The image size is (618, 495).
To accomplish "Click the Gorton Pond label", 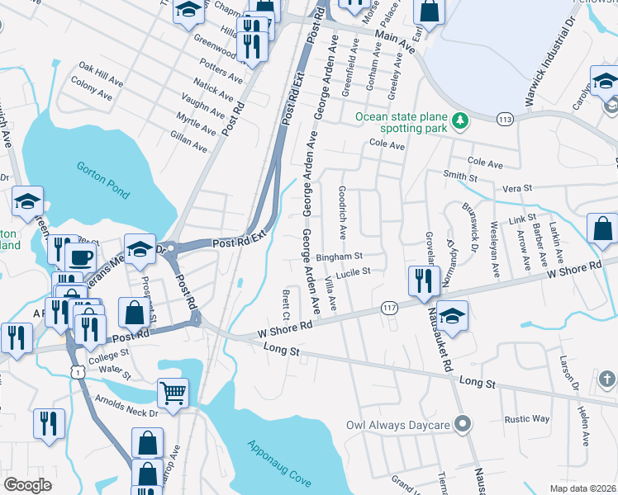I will point(103,181).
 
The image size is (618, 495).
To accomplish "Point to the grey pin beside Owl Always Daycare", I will point(463,425).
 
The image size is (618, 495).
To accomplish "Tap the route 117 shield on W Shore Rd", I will point(389,308).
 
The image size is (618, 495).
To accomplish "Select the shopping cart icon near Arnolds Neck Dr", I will point(174,393).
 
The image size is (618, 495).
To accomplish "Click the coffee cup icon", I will point(80,257).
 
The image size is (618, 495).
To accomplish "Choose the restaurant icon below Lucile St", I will point(421,280).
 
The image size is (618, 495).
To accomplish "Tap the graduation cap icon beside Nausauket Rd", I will point(452,315).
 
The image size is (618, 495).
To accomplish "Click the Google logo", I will point(27,485).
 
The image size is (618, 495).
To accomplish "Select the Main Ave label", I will point(393,37).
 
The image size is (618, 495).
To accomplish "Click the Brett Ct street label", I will point(286,304).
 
